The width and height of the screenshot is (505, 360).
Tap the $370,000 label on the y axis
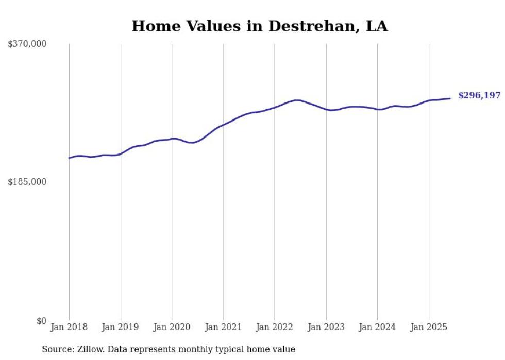coord(27,44)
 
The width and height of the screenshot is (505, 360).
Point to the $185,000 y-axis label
coord(27,182)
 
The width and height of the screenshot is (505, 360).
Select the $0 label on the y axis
coord(41,321)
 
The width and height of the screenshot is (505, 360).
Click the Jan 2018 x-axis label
coord(69,327)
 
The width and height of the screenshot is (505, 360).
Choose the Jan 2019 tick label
coord(121,327)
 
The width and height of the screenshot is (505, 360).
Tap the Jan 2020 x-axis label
coord(172,327)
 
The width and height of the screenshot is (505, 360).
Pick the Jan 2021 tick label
coord(224,327)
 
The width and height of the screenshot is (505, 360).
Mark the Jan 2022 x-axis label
coord(275,327)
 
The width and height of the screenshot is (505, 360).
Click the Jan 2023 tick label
coord(326,327)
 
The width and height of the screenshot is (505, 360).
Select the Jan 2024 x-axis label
coord(378,327)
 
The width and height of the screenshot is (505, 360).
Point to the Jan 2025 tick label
coord(429,327)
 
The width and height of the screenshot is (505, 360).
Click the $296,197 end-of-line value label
coord(479,96)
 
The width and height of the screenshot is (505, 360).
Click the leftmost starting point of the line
coord(69,158)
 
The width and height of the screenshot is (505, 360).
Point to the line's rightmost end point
coord(450,98)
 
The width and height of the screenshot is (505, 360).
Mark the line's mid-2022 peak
coord(297,100)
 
